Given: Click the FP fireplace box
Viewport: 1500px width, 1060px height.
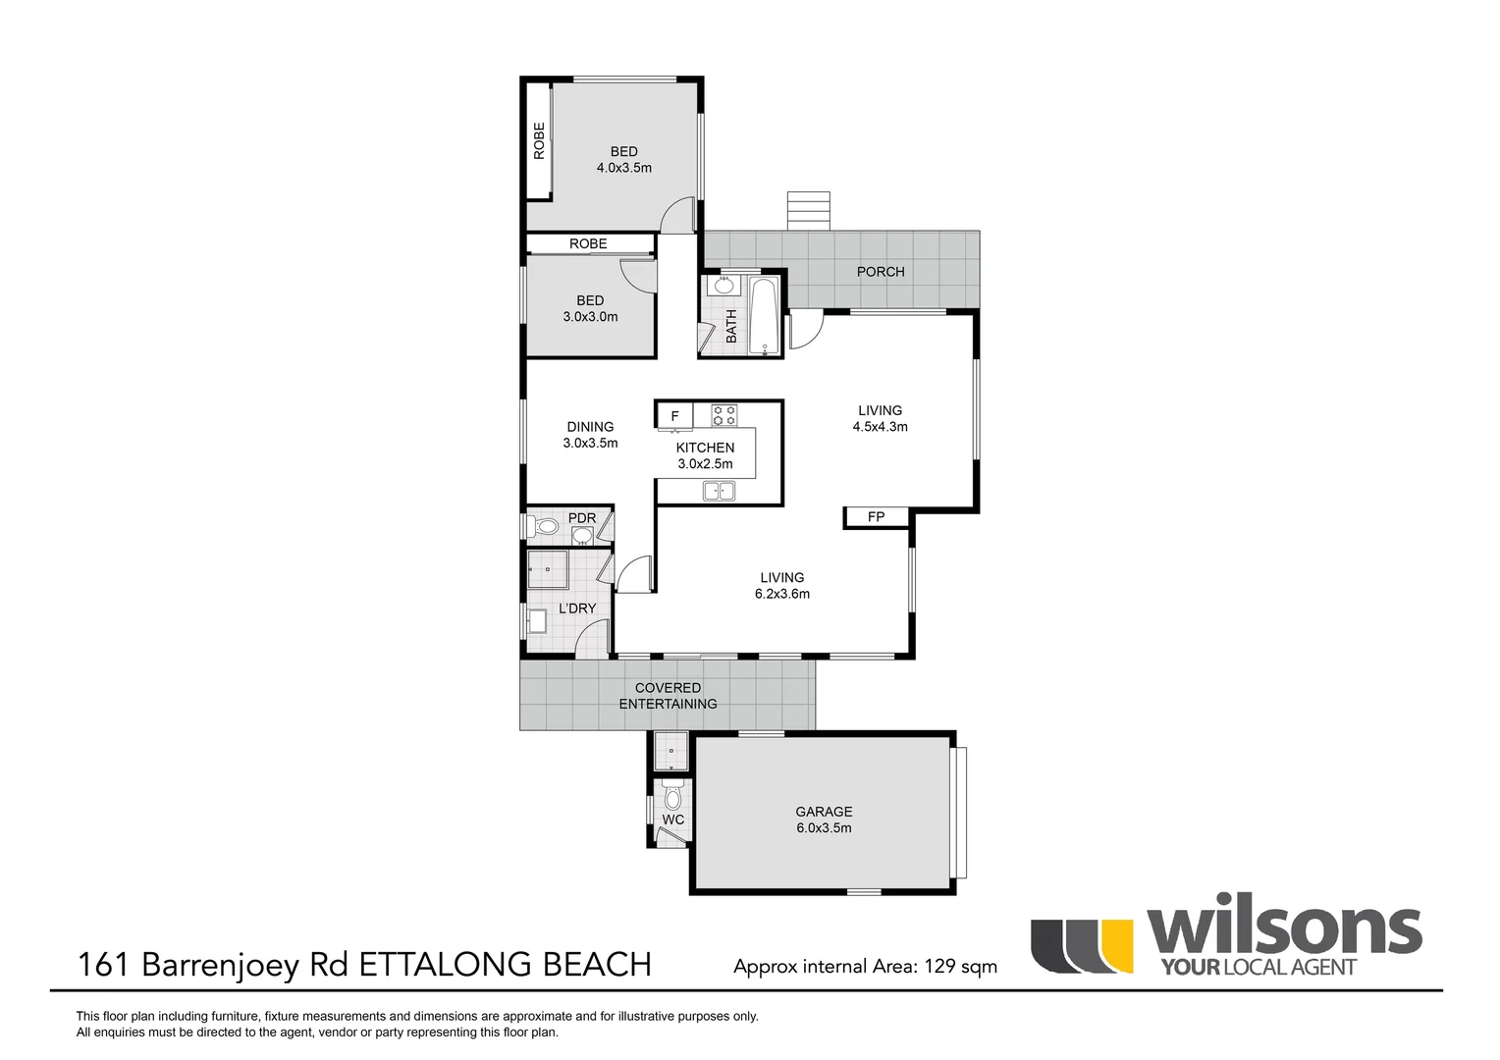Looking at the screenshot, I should coord(877,517).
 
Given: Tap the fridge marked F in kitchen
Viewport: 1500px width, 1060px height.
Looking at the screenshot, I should coord(674,416).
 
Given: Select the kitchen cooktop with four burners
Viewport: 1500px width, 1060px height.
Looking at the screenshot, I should coord(724,415).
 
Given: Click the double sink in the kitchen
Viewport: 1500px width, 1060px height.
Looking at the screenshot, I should coord(719,491).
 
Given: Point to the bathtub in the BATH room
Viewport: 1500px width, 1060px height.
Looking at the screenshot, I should coord(764,316).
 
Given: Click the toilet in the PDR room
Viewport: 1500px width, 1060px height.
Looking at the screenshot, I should coord(545,528).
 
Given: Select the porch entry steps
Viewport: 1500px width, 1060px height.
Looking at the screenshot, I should coord(808,211).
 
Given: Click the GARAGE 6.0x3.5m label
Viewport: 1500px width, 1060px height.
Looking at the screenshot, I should coord(824,820).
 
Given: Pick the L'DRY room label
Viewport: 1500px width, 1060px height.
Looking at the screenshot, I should coord(577,609).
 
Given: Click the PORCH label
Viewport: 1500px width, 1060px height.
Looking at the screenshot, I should coord(881,272).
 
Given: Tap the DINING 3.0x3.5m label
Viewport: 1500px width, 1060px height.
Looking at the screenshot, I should coord(590,435).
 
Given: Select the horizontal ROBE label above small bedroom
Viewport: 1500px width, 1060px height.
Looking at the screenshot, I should coord(588,243).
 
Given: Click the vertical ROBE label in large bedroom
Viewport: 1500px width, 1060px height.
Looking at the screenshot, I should coord(539,140).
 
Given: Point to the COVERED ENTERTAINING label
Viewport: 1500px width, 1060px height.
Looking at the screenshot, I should coord(668,696).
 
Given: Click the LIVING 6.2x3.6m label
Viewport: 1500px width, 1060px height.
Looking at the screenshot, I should coord(781,586).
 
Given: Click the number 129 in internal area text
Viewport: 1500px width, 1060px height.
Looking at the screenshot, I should coord(939,967).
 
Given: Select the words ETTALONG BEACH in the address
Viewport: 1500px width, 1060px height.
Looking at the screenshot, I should coord(505,965).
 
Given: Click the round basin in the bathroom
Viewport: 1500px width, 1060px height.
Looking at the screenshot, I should coord(724,287).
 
